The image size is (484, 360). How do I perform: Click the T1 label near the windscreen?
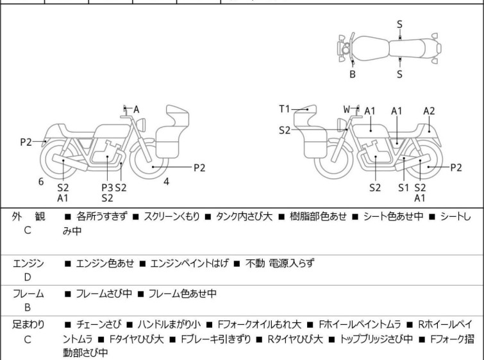click(285, 109)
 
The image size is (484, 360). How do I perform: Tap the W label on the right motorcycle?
click(346, 109)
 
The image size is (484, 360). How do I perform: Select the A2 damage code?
click(429, 111)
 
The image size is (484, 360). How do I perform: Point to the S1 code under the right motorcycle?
click(403, 187)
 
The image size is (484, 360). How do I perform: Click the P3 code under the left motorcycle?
click(108, 187)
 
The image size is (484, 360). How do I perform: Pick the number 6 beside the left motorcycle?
click(41, 182)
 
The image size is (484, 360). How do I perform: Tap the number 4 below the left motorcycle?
click(166, 182)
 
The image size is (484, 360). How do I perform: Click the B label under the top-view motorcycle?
click(353, 74)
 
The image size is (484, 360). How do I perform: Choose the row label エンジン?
click(28, 263)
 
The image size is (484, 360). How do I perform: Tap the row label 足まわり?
click(28, 325)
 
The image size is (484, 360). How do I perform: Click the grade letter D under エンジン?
click(28, 277)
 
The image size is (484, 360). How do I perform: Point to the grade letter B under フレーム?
click(28, 307)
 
